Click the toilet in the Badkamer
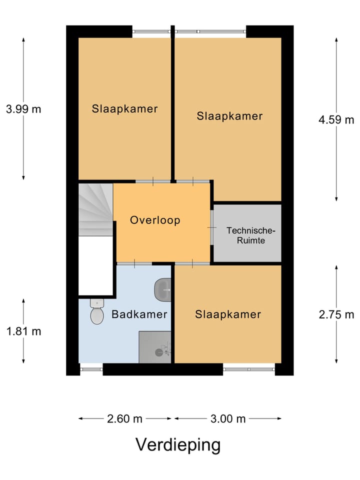96,311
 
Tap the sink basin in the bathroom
162,289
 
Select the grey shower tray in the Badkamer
155,347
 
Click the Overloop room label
155,220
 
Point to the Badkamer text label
139,314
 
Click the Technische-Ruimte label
250,235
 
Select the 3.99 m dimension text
23,109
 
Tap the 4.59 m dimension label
336,119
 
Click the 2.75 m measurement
336,314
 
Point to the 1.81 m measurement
23,331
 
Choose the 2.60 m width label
124,418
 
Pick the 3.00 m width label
228,418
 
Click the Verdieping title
178,445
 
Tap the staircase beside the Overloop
96,209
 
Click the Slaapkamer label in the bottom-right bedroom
228,314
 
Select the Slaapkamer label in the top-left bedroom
124,108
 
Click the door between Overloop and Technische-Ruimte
211,227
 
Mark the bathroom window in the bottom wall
91,369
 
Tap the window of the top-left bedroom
151,31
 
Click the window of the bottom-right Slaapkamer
249,369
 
